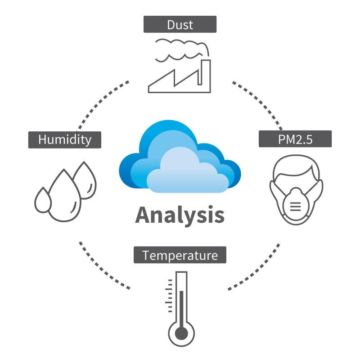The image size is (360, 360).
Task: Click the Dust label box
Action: click(x=180, y=24)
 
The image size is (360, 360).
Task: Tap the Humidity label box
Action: click(x=65, y=140)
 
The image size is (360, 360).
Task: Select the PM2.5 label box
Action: click(x=295, y=139)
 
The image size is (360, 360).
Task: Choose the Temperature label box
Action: click(x=180, y=255)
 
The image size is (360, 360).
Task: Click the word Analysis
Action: click(x=180, y=215)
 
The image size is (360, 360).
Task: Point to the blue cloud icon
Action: click(x=180, y=156)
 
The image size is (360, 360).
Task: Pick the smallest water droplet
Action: click(x=43, y=200)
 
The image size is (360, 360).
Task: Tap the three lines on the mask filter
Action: click(x=296, y=207)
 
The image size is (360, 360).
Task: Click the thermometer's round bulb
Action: click(x=181, y=333)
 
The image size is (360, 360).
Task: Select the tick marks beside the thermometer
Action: click(x=169, y=296)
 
